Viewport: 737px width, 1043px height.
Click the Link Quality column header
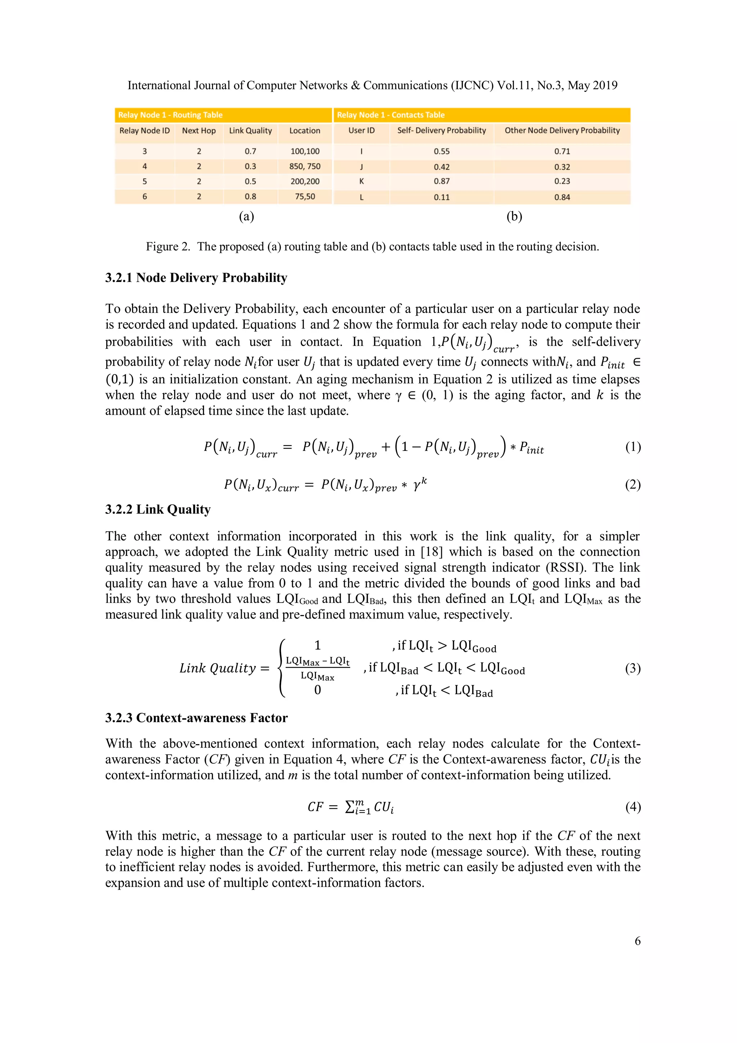coord(250,131)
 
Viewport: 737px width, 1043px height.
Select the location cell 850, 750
coord(305,167)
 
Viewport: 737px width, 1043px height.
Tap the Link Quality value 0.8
coord(250,197)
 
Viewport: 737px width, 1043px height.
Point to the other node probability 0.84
coord(562,197)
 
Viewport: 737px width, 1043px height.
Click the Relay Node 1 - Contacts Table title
coord(390,115)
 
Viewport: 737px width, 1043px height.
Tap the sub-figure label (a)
coord(247,217)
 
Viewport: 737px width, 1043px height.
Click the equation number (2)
coord(633,485)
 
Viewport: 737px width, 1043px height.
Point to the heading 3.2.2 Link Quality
coord(158,510)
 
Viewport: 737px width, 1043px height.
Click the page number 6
coord(638,941)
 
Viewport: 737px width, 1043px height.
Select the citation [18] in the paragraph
coord(429,552)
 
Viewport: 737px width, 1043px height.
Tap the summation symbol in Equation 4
coord(350,807)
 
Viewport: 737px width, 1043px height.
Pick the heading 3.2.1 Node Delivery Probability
coord(196,278)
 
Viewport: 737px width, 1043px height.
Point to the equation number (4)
coord(633,807)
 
